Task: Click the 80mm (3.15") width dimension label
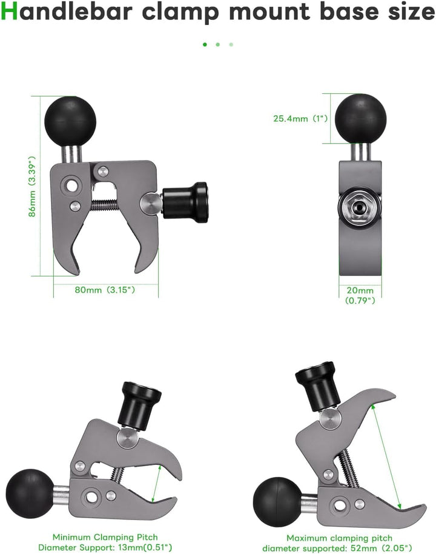click(x=105, y=290)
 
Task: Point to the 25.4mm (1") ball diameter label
click(x=300, y=119)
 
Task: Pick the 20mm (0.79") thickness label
click(x=360, y=295)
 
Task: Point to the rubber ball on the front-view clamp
click(x=361, y=118)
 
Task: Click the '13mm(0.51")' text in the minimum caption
click(x=134, y=547)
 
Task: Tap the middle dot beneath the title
click(x=218, y=44)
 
